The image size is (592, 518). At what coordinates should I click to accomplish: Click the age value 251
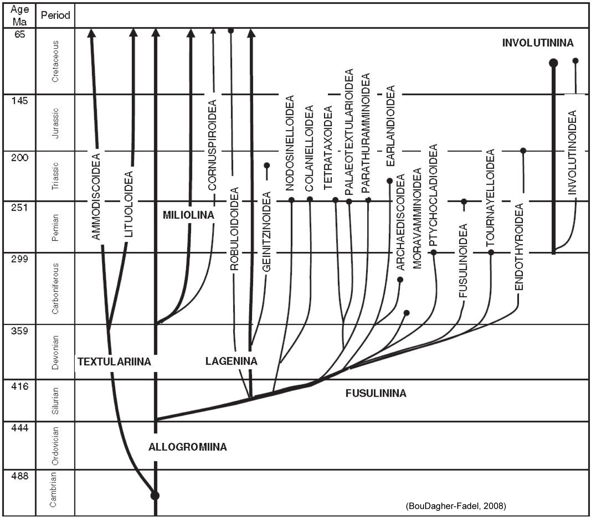click(x=19, y=207)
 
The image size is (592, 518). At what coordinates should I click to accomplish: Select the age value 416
click(x=19, y=386)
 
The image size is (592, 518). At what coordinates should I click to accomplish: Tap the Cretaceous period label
click(x=55, y=61)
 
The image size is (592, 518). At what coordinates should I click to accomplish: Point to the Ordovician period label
click(x=55, y=446)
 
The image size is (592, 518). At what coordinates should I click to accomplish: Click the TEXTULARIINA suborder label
click(x=114, y=362)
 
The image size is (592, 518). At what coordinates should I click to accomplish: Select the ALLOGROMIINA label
click(x=188, y=447)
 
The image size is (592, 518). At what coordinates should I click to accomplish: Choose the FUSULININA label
click(x=376, y=393)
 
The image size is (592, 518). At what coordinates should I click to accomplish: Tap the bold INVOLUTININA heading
click(x=537, y=43)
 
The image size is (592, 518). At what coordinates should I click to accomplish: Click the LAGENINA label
click(x=231, y=361)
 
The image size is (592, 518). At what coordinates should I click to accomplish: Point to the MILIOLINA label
click(x=188, y=215)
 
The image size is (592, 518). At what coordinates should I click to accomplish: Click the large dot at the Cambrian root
click(x=155, y=495)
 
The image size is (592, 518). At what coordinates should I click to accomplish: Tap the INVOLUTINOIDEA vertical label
click(x=572, y=152)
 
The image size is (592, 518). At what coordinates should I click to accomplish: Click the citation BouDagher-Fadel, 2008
click(x=456, y=506)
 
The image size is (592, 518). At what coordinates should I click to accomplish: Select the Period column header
click(x=55, y=15)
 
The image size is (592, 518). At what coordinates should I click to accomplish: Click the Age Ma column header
click(x=19, y=16)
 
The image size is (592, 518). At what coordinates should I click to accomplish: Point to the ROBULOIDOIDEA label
click(x=234, y=229)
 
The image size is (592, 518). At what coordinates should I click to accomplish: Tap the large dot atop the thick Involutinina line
click(x=553, y=63)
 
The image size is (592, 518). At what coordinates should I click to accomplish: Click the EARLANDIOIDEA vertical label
click(x=390, y=126)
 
